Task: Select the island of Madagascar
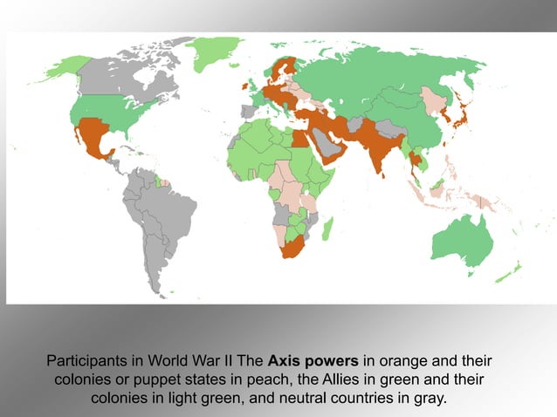tap(327, 229)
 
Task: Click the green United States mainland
tap(113, 110)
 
